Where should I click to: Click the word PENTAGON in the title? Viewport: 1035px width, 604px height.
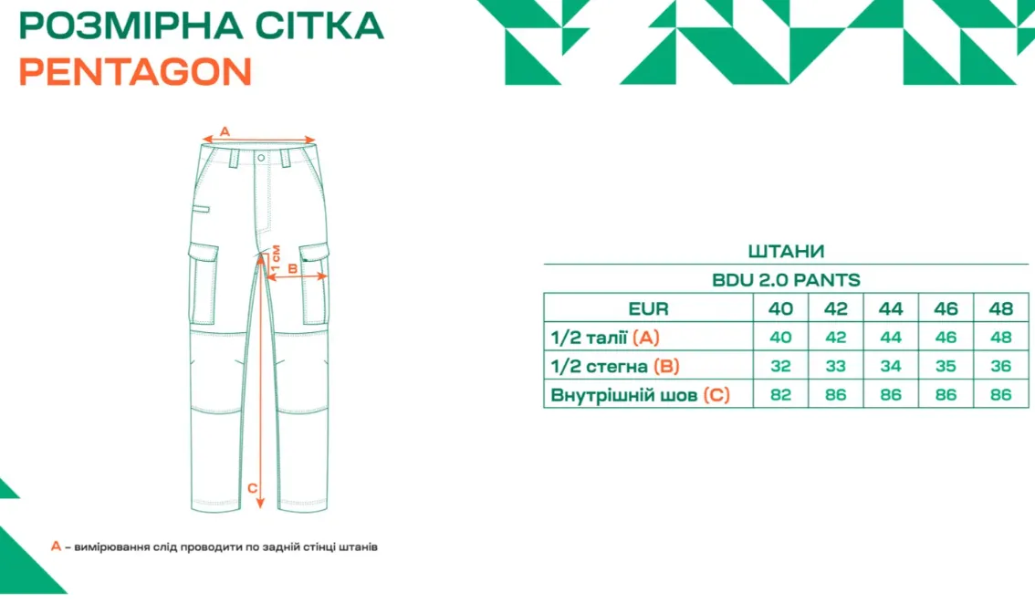(135, 72)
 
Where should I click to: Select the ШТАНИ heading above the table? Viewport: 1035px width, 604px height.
(786, 252)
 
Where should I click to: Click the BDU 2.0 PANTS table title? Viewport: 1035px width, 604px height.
(786, 280)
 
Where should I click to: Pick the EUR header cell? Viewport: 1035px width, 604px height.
(648, 308)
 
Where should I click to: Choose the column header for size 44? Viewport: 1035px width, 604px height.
(891, 308)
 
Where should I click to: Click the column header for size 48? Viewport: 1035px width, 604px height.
(1000, 308)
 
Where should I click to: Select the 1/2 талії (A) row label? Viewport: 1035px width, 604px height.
(604, 338)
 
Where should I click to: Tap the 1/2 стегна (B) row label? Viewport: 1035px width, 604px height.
(614, 367)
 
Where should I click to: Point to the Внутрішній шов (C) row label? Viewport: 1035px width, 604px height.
(640, 395)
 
